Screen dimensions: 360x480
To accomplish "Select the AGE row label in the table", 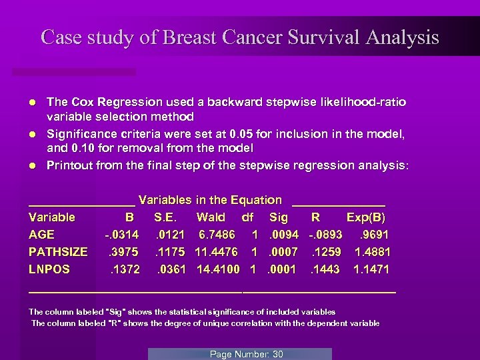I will (42, 235).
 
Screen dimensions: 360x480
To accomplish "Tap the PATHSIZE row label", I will (58, 252).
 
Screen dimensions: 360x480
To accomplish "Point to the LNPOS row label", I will (49, 269).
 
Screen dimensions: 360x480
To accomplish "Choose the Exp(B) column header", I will (366, 217).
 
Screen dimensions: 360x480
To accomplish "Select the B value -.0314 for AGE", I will (121, 235).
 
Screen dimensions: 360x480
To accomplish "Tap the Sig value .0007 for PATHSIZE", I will (283, 252).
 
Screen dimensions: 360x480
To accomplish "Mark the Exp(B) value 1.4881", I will (373, 252).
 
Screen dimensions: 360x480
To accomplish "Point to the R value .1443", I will (325, 269).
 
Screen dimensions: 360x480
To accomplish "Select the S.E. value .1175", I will (171, 252).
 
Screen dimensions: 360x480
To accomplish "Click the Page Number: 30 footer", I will (247, 354).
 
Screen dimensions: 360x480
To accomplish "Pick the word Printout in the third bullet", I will (69, 165).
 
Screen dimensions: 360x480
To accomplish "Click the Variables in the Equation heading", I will (210, 200).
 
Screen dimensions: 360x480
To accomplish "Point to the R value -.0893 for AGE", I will (325, 235).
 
